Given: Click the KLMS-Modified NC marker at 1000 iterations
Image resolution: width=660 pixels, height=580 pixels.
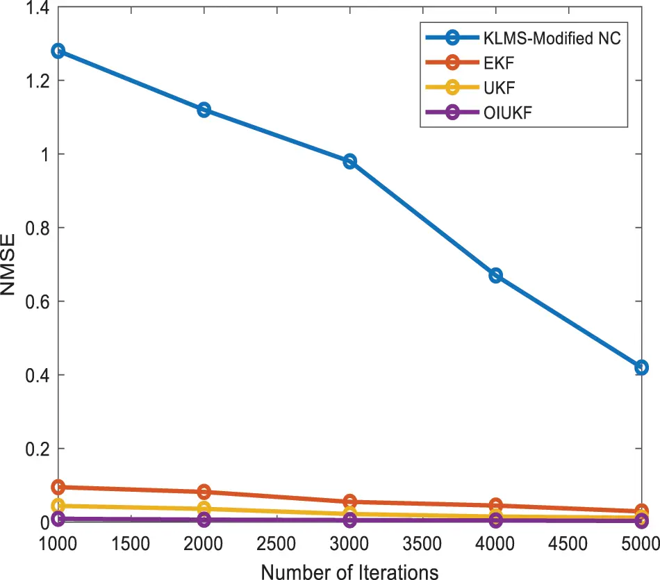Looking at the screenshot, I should (58, 51).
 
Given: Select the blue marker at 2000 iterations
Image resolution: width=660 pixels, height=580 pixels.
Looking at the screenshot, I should (204, 110).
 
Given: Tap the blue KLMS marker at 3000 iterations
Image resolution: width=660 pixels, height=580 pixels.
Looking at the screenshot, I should (349, 161).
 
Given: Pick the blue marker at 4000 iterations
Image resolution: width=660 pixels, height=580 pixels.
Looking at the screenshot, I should (495, 276).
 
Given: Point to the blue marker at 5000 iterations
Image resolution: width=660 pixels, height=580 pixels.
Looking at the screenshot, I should (641, 367).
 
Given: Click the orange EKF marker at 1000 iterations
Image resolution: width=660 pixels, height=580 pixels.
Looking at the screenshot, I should (58, 487).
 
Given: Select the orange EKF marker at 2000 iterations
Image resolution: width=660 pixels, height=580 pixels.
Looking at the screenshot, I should (204, 492).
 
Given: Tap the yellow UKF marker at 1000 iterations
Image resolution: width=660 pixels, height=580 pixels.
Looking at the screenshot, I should (58, 506).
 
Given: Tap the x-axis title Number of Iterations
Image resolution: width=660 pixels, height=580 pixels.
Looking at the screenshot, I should (349, 571).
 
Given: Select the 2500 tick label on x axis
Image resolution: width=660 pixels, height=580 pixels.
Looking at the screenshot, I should (277, 543).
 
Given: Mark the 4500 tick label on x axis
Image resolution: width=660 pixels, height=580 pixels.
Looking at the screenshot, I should (568, 543).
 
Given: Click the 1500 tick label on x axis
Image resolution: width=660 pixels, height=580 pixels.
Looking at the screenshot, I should (131, 543).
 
